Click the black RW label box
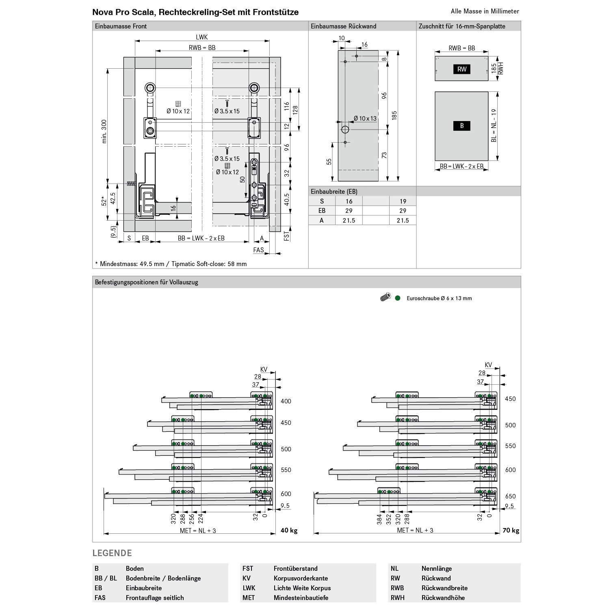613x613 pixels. click(462, 69)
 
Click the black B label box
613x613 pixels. click(462, 126)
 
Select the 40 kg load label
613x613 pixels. click(289, 531)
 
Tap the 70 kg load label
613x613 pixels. click(511, 531)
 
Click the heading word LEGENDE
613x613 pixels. click(112, 553)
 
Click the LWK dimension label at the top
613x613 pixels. click(202, 37)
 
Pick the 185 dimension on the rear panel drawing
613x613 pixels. click(394, 115)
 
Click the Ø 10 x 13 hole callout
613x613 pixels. click(365, 119)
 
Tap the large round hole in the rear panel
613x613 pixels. click(345, 130)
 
